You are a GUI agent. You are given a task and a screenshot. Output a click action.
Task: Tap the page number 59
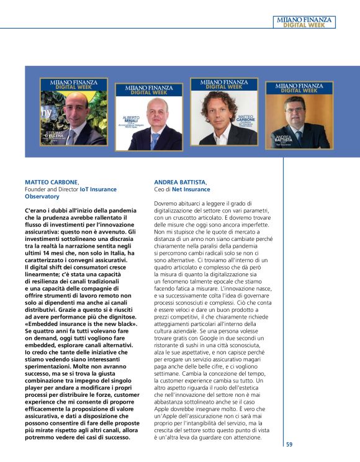290,444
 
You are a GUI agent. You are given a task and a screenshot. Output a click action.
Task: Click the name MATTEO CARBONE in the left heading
52,182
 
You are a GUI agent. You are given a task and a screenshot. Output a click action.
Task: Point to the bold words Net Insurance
191,189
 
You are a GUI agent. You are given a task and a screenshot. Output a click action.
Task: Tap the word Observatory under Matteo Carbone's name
42,196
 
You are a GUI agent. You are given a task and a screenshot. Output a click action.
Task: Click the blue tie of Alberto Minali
153,140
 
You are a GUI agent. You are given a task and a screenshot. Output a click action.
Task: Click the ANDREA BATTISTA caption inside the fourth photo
282,139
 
